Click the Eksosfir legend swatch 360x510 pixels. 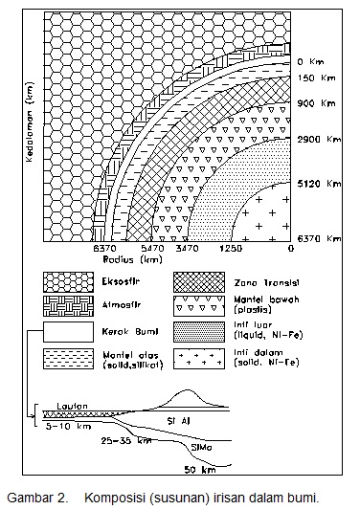tap(64, 282)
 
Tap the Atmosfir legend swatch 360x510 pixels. tap(64, 307)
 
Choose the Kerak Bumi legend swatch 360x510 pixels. tap(64, 333)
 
